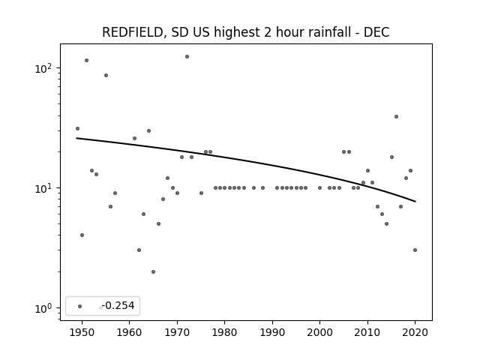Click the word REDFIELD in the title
132,32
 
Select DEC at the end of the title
376,32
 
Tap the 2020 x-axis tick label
415,332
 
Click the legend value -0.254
118,305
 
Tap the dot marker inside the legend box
80,306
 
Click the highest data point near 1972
187,57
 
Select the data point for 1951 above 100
87,60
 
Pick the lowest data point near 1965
153,271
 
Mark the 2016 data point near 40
397,117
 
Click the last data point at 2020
415,250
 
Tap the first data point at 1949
77,128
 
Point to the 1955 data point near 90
106,75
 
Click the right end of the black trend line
415,202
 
